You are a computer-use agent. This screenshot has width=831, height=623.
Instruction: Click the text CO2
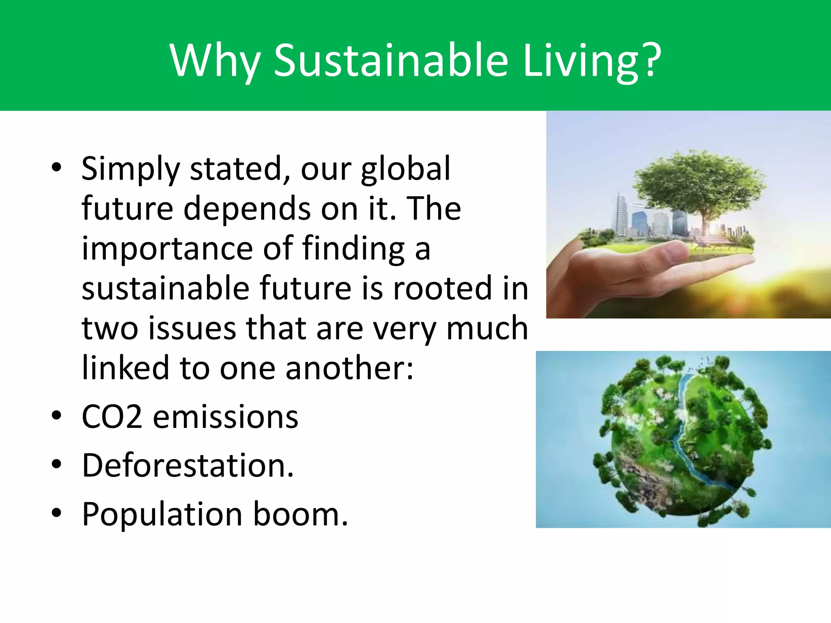pos(112,417)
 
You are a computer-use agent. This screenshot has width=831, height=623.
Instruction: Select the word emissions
pos(226,417)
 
